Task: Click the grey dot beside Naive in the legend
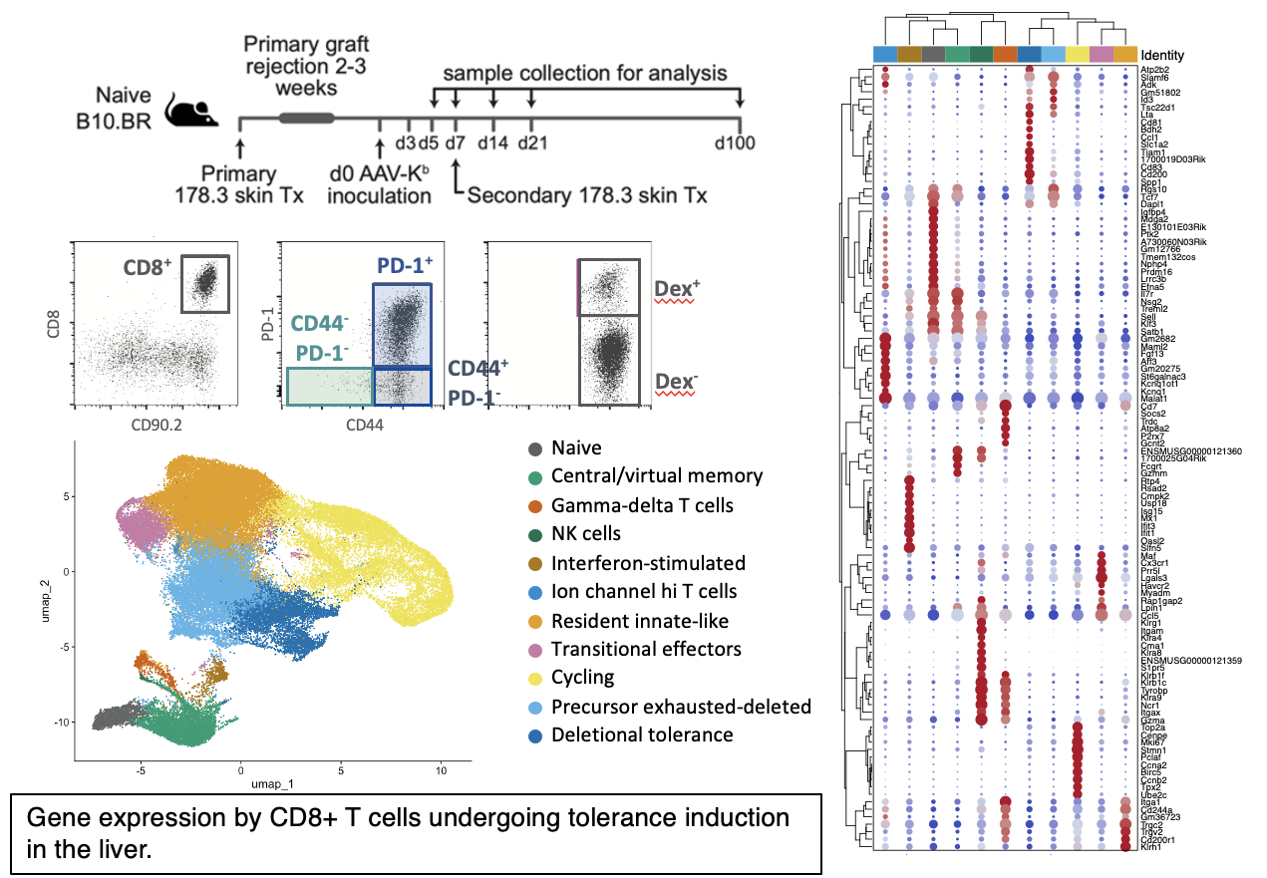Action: click(535, 448)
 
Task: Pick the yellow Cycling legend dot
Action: click(535, 678)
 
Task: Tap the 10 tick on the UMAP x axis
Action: click(440, 769)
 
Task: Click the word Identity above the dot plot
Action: click(1162, 55)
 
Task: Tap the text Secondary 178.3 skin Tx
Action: click(587, 195)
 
